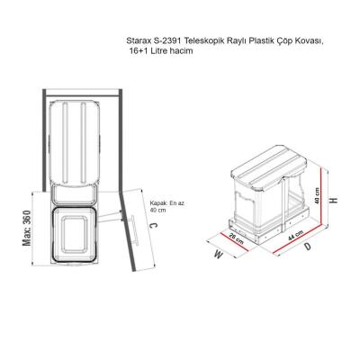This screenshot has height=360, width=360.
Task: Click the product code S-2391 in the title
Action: (170, 41)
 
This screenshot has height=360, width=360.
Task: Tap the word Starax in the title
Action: (141, 41)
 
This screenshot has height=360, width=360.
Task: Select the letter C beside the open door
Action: (154, 229)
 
